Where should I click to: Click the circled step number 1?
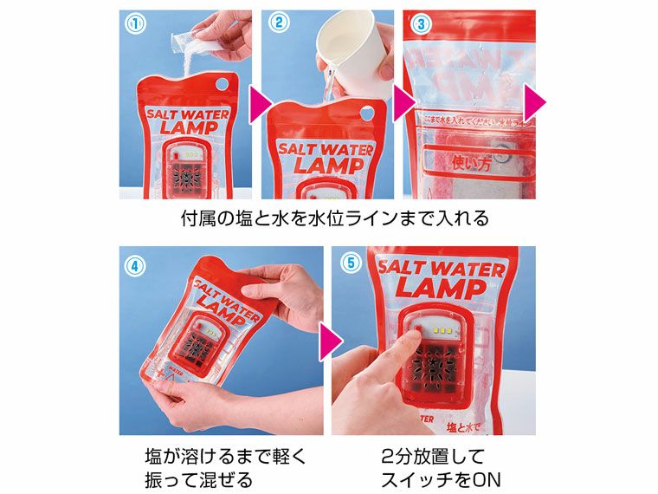pyautogui.click(x=132, y=24)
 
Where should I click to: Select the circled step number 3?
pyautogui.click(x=420, y=24)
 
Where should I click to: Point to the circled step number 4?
pyautogui.click(x=132, y=266)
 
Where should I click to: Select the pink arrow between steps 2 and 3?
pyautogui.click(x=401, y=104)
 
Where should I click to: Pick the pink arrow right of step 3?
pyautogui.click(x=536, y=104)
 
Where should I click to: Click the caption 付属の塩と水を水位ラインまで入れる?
pyautogui.click(x=334, y=218)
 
